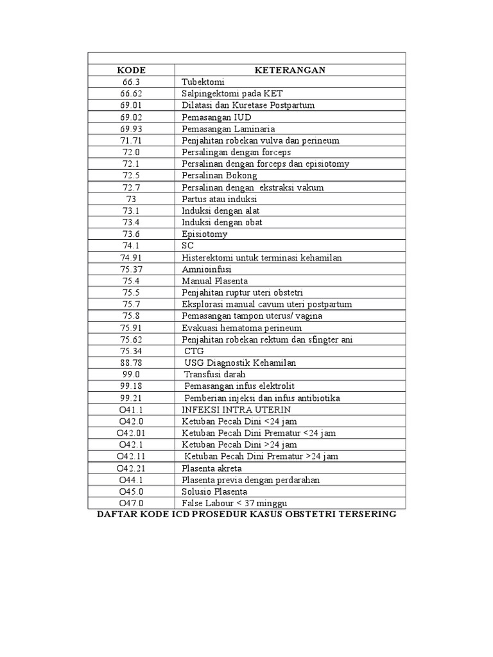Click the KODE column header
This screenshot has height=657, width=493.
click(131, 70)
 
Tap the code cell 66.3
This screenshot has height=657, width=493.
click(131, 81)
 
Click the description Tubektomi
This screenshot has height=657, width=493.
click(203, 81)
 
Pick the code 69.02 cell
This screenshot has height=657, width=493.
click(131, 117)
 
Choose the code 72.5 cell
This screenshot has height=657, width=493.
click(131, 175)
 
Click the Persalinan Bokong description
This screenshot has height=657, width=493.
click(219, 175)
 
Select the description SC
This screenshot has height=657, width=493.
click(187, 246)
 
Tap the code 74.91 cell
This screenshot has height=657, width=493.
click(131, 257)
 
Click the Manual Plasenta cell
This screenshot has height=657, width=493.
click(214, 281)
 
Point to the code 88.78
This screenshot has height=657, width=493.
click(131, 363)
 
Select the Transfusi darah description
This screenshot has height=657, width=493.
click(214, 374)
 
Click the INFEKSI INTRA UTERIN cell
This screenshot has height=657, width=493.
click(236, 409)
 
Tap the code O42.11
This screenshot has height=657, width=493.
click(131, 456)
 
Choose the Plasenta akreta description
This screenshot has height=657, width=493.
click(212, 468)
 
